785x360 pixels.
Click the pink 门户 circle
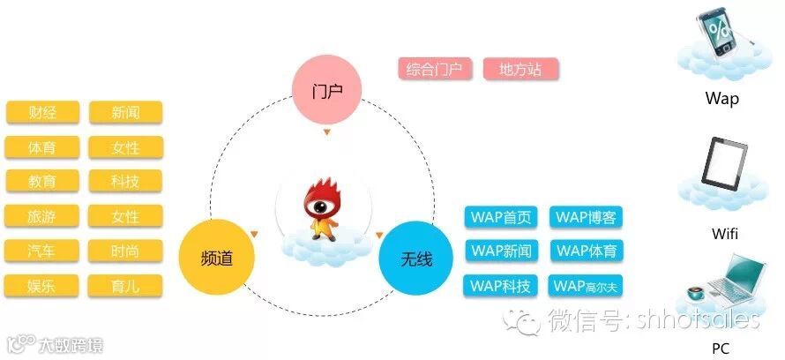click(x=327, y=92)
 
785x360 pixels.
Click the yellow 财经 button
click(x=42, y=112)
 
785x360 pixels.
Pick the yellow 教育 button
click(x=42, y=181)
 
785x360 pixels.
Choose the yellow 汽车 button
click(x=42, y=251)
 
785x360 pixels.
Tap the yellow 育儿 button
click(x=125, y=286)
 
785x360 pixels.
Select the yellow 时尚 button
click(x=125, y=251)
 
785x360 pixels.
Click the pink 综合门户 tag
click(x=435, y=69)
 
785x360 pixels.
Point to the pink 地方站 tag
click(x=520, y=69)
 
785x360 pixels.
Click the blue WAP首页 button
click(x=501, y=217)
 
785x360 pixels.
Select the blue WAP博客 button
click(x=586, y=217)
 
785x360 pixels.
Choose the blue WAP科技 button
click(x=501, y=286)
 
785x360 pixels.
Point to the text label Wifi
click(x=724, y=234)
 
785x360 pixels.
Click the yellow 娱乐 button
click(x=42, y=286)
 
